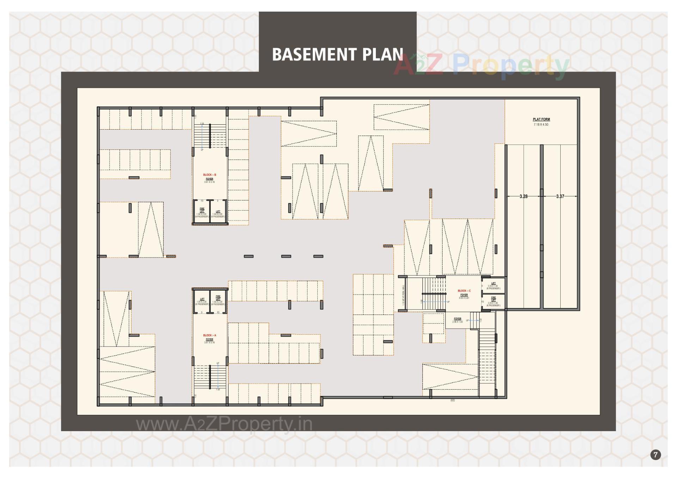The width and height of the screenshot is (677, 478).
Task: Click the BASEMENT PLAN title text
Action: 337,54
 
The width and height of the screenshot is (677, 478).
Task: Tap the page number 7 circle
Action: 655,455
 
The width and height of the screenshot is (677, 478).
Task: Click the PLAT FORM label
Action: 541,119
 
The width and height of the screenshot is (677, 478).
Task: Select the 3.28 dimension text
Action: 523,197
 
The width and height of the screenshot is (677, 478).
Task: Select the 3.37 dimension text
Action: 560,197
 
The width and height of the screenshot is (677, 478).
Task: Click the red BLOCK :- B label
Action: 209,175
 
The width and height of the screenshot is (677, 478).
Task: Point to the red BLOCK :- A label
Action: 209,335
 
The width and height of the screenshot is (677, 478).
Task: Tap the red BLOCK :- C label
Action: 464,291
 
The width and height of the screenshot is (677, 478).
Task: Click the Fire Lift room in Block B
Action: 202,212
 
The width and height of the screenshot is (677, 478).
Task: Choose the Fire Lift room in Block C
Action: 493,302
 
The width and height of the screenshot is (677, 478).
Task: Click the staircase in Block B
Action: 210,136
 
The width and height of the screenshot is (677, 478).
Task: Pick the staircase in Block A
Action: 210,377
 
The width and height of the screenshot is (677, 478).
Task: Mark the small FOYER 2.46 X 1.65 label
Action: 457,320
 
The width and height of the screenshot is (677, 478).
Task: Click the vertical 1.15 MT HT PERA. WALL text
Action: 403,294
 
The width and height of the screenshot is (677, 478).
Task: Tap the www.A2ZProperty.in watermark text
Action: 224,424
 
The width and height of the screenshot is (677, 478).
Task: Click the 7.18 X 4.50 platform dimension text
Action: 541,125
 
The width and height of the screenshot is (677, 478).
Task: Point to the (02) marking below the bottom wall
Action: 453,401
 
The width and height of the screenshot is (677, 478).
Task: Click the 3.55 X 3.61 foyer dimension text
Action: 464,298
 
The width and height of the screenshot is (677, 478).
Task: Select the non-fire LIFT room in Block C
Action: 493,286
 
